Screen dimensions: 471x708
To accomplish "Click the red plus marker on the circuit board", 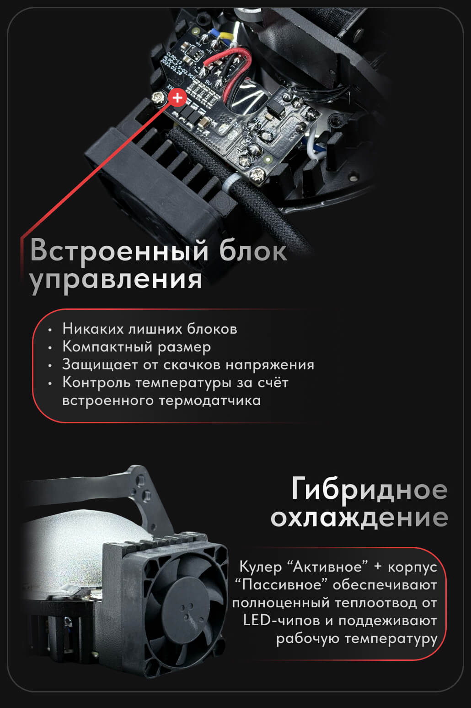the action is click(x=177, y=97).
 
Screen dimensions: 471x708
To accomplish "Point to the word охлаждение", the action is click(x=359, y=519).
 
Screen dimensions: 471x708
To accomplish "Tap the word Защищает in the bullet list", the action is click(x=100, y=365).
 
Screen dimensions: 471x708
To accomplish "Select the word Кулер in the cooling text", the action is click(x=260, y=567).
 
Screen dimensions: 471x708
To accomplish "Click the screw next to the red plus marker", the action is click(x=159, y=97).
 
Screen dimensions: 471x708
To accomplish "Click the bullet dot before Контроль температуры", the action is click(x=49, y=384).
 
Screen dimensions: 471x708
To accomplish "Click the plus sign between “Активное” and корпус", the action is click(x=378, y=567).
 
